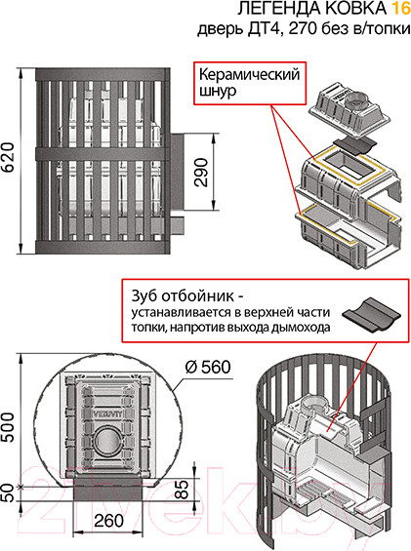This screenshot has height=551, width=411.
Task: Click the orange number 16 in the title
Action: (x=401, y=9)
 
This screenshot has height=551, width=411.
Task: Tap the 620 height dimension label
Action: (x=8, y=157)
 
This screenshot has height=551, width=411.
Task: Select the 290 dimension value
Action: (x=202, y=173)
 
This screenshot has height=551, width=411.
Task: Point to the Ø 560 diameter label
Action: (x=208, y=368)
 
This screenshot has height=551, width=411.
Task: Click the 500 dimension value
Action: (x=8, y=427)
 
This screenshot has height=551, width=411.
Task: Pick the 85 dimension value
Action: (x=182, y=490)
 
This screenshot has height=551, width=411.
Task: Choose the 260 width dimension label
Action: (x=108, y=521)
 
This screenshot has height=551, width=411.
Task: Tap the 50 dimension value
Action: (x=8, y=492)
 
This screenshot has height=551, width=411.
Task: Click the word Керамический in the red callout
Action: (x=250, y=75)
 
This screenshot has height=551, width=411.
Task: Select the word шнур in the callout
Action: (x=218, y=92)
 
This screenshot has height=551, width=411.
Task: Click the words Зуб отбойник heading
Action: (x=183, y=295)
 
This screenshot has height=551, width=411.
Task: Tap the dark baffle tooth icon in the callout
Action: (x=371, y=314)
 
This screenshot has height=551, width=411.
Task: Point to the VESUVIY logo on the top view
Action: (x=107, y=413)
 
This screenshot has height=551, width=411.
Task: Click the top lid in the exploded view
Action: (x=349, y=109)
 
